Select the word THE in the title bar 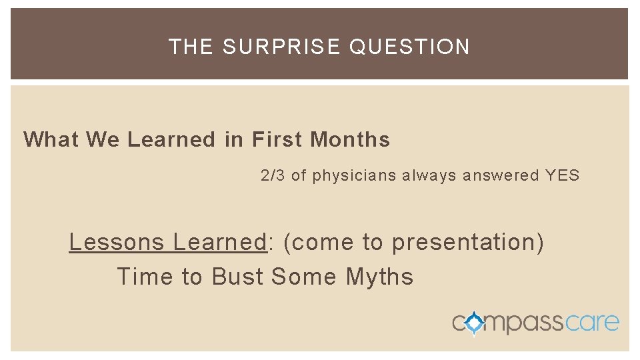[191, 47]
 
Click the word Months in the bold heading [350, 139]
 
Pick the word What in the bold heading [51, 139]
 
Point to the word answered [501, 175]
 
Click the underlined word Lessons [117, 242]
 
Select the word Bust [238, 277]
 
